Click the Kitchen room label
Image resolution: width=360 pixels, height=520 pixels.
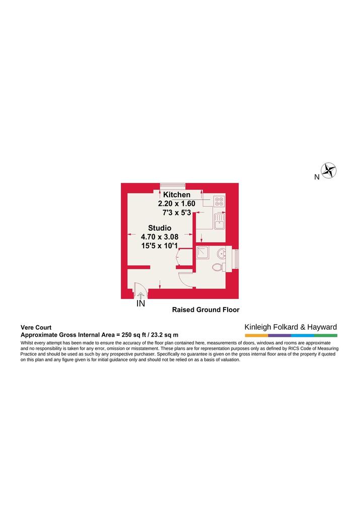click(x=177, y=195)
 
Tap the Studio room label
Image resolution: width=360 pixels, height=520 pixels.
click(x=160, y=228)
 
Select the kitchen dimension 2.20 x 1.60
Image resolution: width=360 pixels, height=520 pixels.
click(x=177, y=203)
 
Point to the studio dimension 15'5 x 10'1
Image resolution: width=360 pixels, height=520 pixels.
click(x=160, y=246)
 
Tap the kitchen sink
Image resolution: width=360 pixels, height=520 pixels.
click(x=219, y=221)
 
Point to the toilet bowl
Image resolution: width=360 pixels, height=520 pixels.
click(x=218, y=267)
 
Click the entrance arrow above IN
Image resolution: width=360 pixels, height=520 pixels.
click(x=140, y=295)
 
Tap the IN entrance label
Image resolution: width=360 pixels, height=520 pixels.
click(x=140, y=304)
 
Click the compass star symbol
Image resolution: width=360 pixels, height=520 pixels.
click(x=328, y=171)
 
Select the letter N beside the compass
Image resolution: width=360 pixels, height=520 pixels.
click(x=317, y=177)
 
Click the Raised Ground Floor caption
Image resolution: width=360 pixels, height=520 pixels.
click(x=206, y=310)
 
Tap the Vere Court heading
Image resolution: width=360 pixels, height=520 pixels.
click(x=36, y=327)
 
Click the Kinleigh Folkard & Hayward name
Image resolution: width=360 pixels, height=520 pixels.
click(x=291, y=327)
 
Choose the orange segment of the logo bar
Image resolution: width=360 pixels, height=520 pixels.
click(x=256, y=336)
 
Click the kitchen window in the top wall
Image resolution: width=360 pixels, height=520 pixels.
click(x=173, y=185)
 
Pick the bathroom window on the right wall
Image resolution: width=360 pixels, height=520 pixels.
click(x=236, y=259)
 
